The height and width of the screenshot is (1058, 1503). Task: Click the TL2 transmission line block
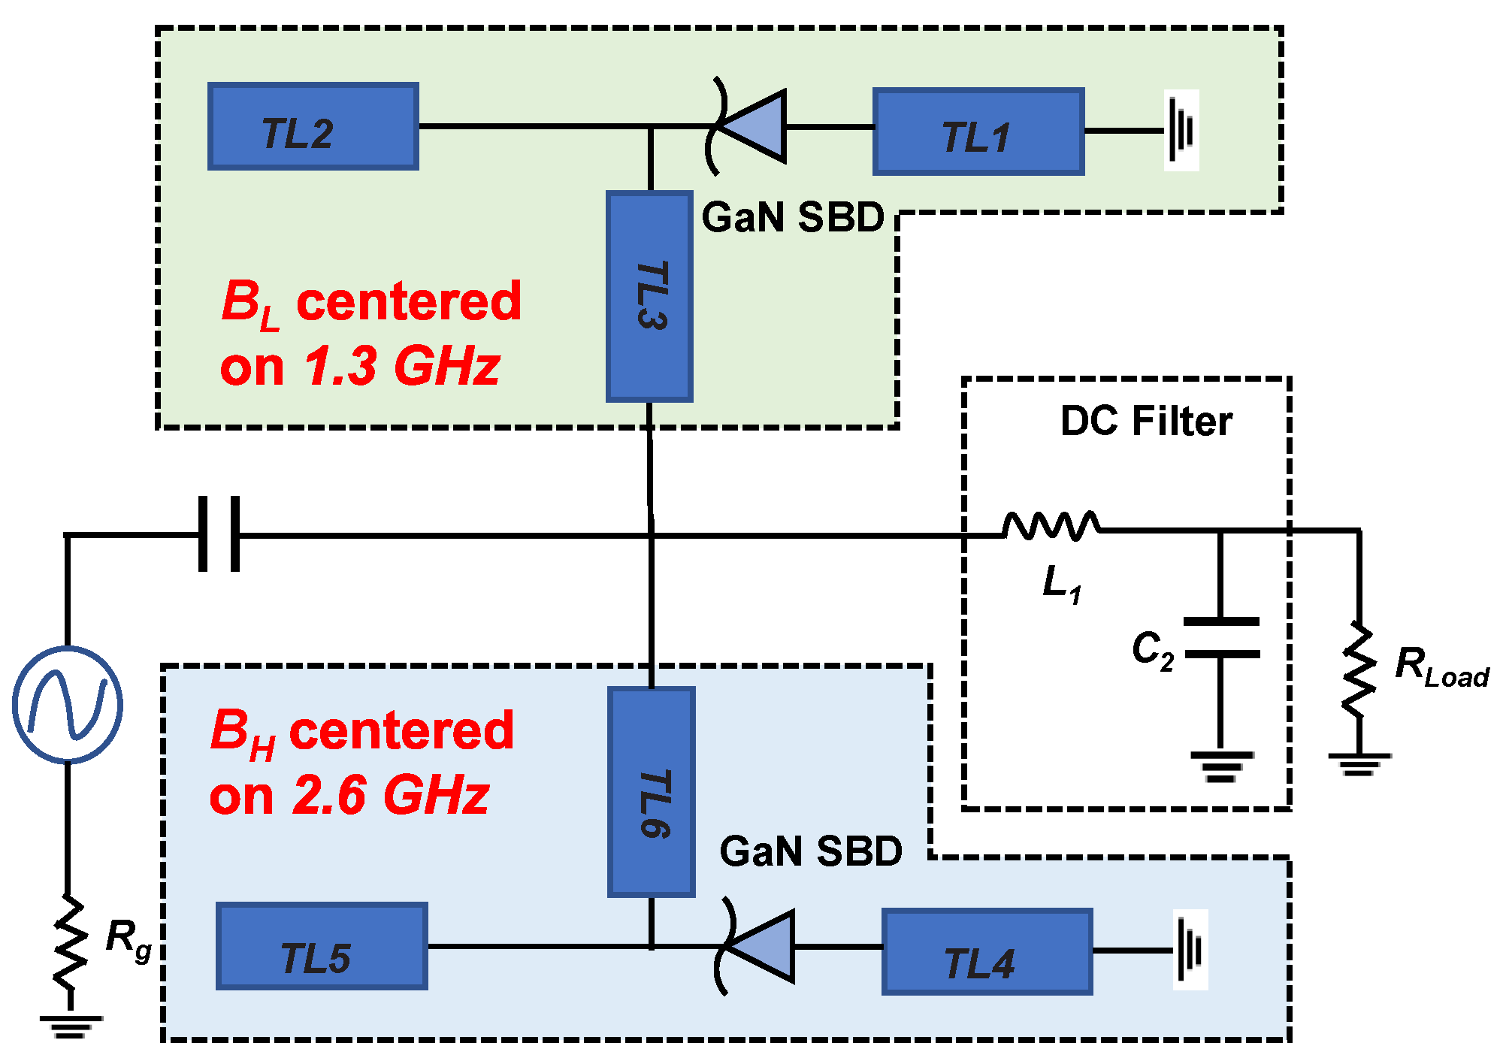[313, 126]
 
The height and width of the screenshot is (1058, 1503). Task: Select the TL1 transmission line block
[978, 132]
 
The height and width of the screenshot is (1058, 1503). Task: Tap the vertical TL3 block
[649, 296]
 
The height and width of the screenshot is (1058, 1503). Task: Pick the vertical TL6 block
[651, 791]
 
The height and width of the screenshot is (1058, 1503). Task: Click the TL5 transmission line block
[322, 946]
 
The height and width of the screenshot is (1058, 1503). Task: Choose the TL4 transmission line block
[987, 951]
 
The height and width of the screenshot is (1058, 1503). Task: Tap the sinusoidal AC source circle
[68, 704]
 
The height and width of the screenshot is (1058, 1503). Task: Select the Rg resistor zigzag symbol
[69, 943]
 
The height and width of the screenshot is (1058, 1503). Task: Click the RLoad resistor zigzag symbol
[1359, 669]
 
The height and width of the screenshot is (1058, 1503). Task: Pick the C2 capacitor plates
[1221, 638]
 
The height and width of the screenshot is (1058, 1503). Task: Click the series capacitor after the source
[219, 534]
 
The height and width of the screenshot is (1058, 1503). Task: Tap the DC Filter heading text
[1145, 421]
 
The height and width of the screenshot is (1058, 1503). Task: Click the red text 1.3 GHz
[401, 367]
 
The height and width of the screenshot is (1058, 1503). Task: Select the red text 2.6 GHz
[391, 795]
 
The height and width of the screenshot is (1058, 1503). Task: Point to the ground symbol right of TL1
[1181, 131]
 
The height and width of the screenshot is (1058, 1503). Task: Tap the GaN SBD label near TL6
[810, 851]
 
